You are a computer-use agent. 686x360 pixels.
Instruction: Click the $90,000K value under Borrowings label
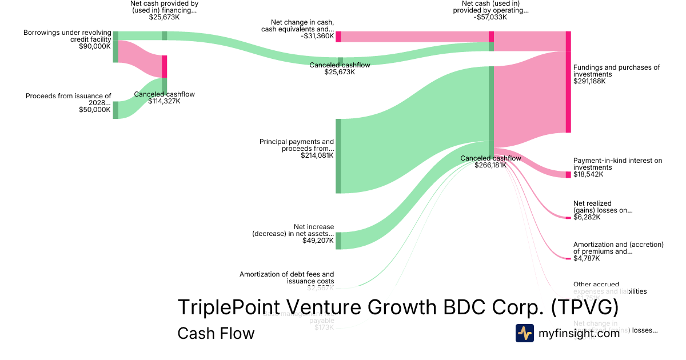coord(95,46)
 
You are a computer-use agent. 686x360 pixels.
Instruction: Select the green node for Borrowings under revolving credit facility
coord(115,47)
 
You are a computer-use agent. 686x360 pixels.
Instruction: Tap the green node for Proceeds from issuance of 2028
coord(115,110)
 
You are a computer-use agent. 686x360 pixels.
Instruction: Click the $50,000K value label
coord(95,110)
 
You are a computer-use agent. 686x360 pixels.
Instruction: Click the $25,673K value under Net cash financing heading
coord(164,17)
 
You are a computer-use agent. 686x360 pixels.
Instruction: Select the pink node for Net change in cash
coord(338,37)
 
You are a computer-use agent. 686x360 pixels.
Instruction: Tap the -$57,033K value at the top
coord(491,17)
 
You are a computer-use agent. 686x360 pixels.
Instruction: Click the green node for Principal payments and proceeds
coord(338,156)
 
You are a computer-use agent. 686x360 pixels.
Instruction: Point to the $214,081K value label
coord(317,155)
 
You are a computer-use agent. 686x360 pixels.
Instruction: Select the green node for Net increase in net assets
coord(338,241)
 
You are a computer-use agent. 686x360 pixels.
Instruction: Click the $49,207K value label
coord(318,241)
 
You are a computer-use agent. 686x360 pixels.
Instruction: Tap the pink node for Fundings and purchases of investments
coord(568,82)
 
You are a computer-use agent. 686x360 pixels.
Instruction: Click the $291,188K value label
coord(589,81)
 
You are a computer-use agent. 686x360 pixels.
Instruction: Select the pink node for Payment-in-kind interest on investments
coord(568,174)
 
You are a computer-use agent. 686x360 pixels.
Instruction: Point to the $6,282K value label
coord(587,217)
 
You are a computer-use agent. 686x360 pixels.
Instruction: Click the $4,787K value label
coord(587,258)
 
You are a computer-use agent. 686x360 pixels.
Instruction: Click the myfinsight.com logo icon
coord(525,333)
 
